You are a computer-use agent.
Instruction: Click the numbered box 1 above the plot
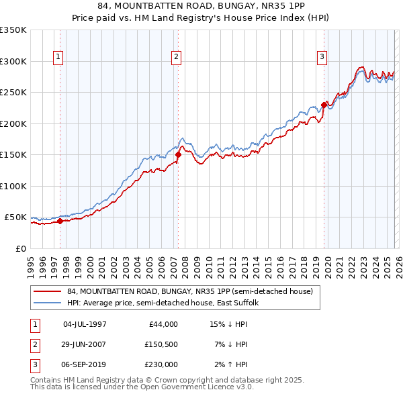coord(58,58)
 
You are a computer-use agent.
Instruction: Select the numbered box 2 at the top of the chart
coord(176,58)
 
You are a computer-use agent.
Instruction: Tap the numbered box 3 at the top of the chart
coord(322,58)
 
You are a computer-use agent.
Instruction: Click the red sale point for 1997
coord(60,221)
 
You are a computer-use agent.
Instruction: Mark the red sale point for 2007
coord(179,154)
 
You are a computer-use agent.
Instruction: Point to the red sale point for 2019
coord(324,104)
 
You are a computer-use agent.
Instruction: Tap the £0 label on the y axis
coord(20,248)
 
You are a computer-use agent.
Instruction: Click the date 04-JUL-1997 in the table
coord(85,324)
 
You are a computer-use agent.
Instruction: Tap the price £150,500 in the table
coord(161,344)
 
